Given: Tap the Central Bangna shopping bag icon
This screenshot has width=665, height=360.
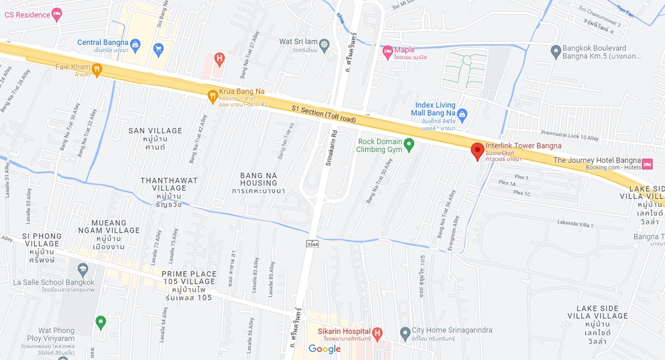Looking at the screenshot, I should (x=135, y=43).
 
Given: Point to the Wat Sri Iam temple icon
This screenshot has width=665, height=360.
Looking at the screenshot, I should (x=324, y=44).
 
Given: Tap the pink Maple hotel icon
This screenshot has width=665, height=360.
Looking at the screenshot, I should (x=387, y=52).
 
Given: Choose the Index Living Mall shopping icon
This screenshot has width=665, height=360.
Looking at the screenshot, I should (x=463, y=114).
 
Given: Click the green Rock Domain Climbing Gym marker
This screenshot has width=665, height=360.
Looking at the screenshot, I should (x=409, y=145).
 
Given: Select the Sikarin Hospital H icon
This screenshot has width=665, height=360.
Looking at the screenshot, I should (x=377, y=333).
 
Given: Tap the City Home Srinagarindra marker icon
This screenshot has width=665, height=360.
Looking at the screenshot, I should (x=405, y=333).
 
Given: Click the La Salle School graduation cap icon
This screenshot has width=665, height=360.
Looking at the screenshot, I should (x=83, y=270).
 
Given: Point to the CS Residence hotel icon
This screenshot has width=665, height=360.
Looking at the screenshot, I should (x=57, y=14).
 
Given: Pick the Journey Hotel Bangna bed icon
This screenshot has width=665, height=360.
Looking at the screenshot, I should (x=648, y=163).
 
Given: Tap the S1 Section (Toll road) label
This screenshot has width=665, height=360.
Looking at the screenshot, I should (x=324, y=114).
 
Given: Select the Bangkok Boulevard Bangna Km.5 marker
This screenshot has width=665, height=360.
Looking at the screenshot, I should (x=556, y=52).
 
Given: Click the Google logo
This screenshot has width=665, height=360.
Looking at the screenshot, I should (x=325, y=349).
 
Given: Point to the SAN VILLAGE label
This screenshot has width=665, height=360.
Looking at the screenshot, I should (x=155, y=131).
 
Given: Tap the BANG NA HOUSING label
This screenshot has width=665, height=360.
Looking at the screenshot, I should (x=259, y=179).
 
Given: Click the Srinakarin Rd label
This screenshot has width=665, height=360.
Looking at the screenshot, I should (x=332, y=149).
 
